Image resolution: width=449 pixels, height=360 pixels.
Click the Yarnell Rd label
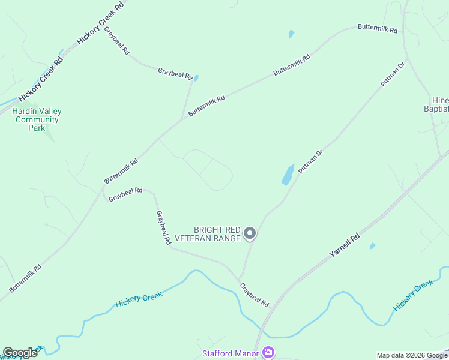345,245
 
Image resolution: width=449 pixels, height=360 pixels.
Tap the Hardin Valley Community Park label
37,119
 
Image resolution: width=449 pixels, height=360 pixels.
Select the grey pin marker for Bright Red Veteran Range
250,234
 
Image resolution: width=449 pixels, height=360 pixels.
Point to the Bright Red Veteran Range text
217,234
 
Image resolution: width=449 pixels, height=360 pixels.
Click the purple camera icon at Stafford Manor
268,353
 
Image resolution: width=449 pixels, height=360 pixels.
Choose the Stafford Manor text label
231,353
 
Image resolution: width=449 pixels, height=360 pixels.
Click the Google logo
20,353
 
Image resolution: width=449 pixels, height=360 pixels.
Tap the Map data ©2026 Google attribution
412,355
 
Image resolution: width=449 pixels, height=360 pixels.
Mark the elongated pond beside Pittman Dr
288,175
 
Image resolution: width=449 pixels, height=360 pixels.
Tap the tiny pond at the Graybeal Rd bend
196,78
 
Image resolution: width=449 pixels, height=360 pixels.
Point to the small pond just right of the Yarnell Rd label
373,246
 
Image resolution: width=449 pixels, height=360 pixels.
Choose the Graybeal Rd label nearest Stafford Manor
255,295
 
